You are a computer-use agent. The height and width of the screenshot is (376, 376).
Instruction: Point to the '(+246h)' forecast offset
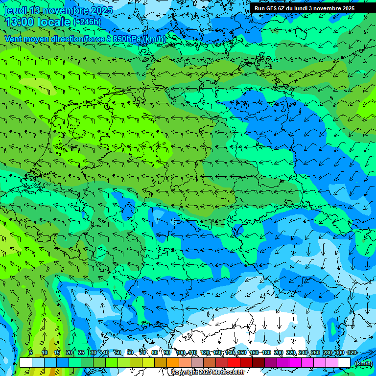tap(87, 22)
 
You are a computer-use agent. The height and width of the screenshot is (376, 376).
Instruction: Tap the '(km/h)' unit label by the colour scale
tap(363, 363)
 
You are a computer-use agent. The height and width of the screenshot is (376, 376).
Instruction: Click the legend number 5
tap(30, 352)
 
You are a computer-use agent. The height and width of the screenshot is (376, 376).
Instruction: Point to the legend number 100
tap(181, 352)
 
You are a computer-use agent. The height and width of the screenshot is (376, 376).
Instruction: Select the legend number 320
tap(352, 352)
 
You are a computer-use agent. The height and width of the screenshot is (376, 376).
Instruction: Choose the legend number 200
tap(278, 352)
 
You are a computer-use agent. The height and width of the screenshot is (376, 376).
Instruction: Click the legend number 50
tap(117, 352)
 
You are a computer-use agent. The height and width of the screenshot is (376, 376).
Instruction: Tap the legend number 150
tap(241, 352)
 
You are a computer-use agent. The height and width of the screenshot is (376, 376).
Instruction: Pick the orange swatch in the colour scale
tap(172, 362)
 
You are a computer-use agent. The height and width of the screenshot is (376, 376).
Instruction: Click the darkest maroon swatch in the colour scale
tap(258, 362)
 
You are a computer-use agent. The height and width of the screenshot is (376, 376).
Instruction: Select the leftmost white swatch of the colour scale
tap(25, 362)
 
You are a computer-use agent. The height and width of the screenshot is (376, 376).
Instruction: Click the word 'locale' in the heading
tap(55, 22)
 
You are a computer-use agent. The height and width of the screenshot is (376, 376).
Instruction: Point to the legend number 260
tap(315, 352)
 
